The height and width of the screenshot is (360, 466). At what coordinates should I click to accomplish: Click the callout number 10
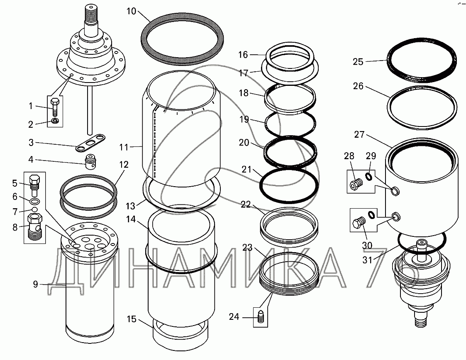pyautogui.click(x=131, y=11)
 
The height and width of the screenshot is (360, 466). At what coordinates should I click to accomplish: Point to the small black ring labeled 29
pyautogui.click(x=369, y=177)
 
